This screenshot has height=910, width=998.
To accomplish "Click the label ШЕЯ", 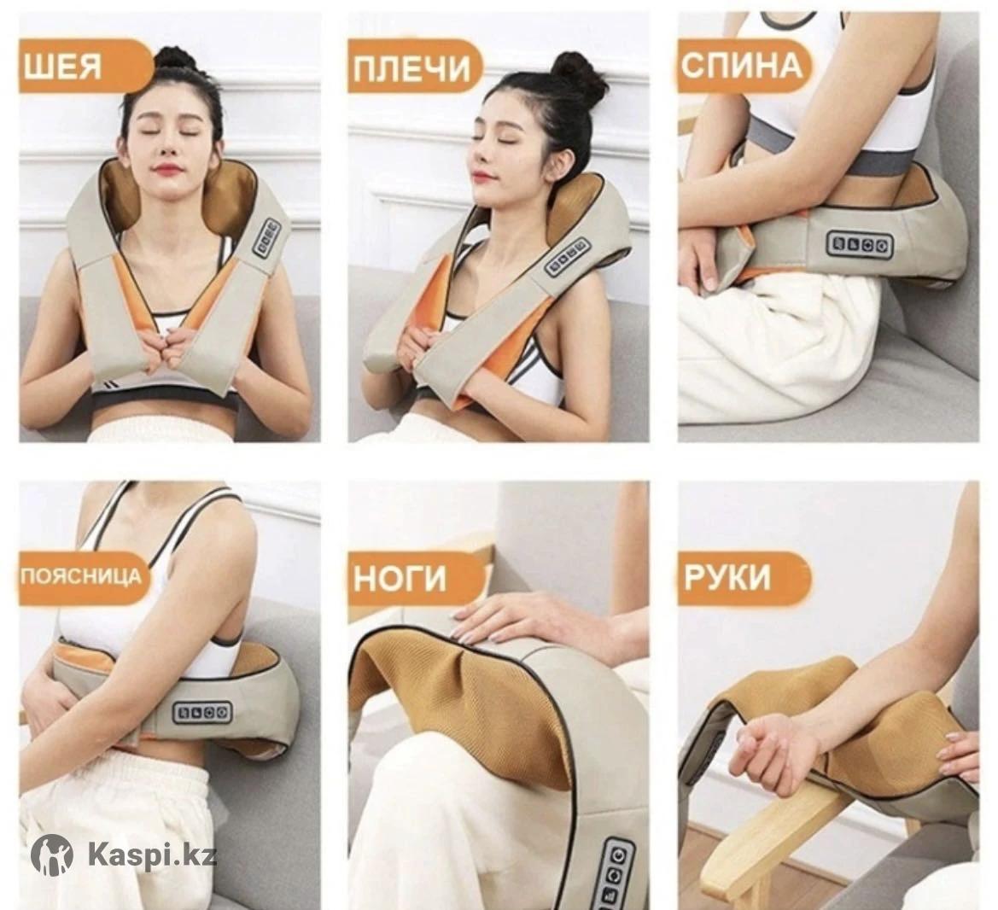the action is click(x=62, y=66).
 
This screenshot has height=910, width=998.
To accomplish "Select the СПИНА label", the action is click(x=742, y=65).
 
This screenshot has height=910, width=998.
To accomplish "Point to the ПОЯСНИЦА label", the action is click(x=80, y=576).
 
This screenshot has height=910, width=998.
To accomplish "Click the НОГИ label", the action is click(x=400, y=579).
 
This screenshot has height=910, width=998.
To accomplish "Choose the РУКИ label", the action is click(x=727, y=576).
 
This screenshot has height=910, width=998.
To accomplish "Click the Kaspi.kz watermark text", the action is click(x=152, y=854).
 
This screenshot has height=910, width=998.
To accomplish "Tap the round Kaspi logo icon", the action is click(x=51, y=854).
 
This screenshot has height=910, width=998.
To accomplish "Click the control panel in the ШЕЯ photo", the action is click(x=267, y=239).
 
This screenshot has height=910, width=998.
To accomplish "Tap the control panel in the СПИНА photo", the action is click(x=860, y=244).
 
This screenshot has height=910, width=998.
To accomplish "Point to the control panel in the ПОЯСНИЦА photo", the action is click(x=204, y=712).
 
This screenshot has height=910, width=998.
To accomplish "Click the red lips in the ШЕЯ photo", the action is click(x=166, y=170).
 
